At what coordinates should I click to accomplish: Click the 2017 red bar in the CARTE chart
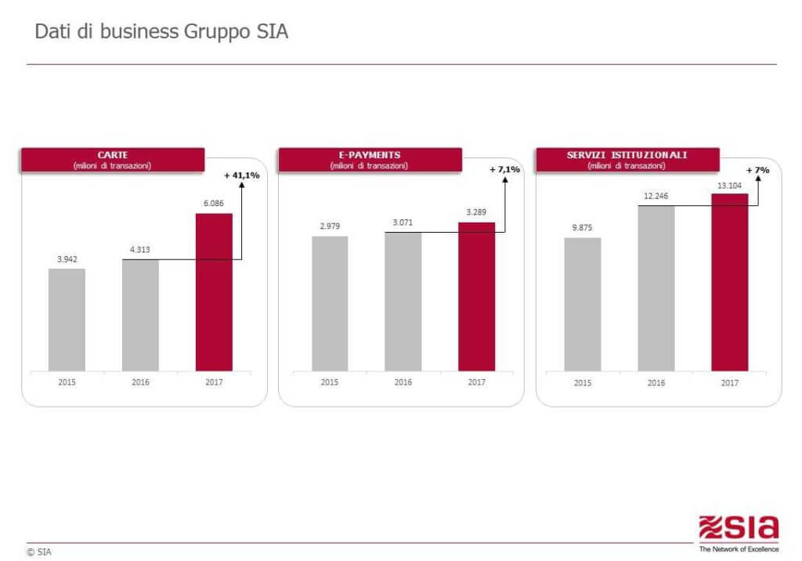(214, 291)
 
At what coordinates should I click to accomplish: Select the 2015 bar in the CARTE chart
(67, 320)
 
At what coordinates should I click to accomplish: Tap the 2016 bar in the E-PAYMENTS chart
(403, 302)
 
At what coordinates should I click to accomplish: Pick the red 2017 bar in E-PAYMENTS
(476, 296)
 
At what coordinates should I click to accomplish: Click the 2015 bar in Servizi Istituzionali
(583, 304)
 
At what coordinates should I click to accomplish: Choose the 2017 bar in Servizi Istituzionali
(729, 282)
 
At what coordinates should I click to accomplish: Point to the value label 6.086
(214, 203)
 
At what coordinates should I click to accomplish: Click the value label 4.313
(140, 250)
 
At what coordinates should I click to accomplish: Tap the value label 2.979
(330, 226)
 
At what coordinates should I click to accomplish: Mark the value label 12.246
(656, 195)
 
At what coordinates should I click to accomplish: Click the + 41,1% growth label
(241, 176)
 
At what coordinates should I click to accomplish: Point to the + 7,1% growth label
(504, 169)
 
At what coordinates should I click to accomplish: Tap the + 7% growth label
(758, 170)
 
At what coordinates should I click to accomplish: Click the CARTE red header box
(113, 160)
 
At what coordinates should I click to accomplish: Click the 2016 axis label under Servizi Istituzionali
(656, 382)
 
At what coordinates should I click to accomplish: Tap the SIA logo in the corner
(739, 530)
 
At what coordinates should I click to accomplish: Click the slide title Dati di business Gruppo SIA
(162, 33)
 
